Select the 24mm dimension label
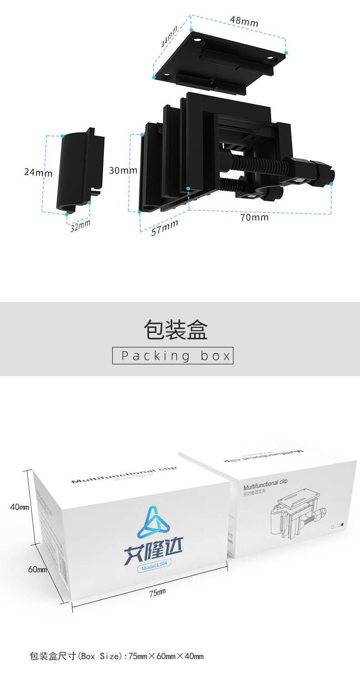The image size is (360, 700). [x=38, y=173]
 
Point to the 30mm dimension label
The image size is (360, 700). [x=123, y=170]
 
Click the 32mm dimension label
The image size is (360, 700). [x=81, y=225]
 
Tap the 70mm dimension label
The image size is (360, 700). [x=254, y=217]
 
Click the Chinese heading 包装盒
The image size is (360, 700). [x=175, y=329]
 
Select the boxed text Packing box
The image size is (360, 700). [x=173, y=355]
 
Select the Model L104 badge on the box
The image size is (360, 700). [x=154, y=567]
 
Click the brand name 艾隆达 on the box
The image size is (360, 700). [x=153, y=552]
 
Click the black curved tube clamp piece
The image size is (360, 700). [x=76, y=171]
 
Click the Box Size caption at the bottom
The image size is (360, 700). [x=116, y=656]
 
